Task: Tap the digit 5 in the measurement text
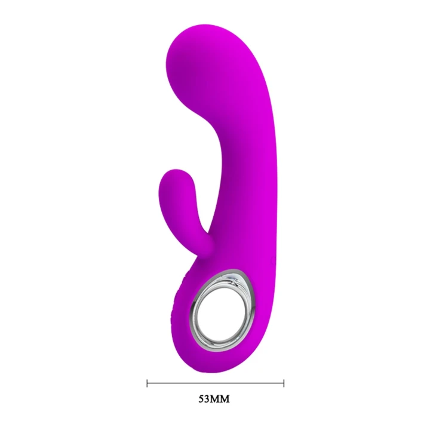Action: click(202, 398)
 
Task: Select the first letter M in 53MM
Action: click(217, 398)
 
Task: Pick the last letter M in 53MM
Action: click(226, 398)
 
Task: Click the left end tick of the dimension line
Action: click(147, 382)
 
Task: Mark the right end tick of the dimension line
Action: click(284, 382)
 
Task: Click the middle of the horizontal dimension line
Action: click(215, 382)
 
